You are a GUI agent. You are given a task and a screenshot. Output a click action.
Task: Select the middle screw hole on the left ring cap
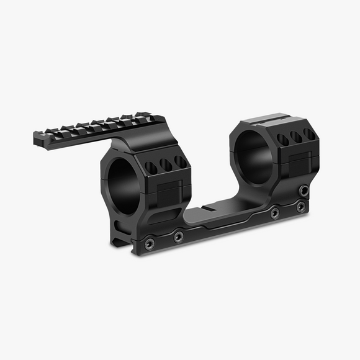point(166,164)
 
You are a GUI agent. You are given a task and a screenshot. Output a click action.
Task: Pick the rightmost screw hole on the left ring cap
point(180,161)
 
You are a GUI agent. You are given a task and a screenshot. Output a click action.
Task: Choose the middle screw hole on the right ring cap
point(296,137)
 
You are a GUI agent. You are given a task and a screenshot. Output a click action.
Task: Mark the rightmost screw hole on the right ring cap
point(308,134)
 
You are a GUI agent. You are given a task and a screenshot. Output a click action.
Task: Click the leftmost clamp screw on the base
point(149,244)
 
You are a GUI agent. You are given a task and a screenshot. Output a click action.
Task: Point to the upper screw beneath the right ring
point(304,191)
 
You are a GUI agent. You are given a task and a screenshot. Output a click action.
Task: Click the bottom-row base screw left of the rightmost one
point(274,212)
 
